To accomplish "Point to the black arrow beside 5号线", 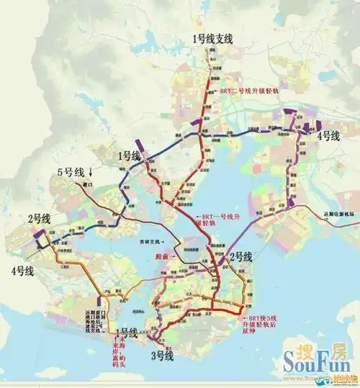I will (x=91, y=172).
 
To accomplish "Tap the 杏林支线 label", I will (x=149, y=241).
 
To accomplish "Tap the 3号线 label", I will (x=162, y=355).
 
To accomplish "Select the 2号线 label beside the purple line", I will (x=240, y=256).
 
